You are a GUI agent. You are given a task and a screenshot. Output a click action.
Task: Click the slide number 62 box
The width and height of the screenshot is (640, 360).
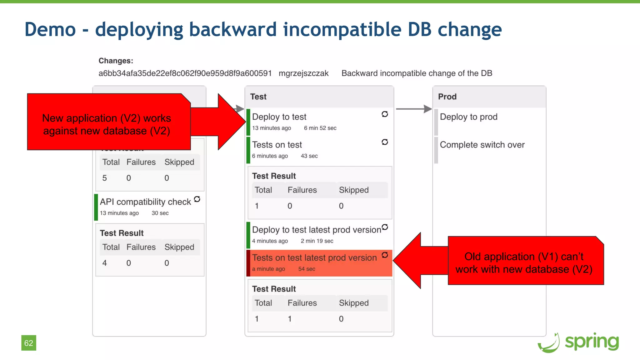28,343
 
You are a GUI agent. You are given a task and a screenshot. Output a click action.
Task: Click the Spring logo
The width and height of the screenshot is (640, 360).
578,342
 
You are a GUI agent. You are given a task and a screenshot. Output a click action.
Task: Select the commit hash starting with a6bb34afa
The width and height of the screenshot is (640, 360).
185,73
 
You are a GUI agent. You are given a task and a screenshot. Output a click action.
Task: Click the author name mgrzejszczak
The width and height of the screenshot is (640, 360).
303,73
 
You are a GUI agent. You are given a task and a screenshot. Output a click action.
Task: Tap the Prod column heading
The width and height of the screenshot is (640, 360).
447,97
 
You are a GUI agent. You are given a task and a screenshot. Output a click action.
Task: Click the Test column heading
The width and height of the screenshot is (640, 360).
258,97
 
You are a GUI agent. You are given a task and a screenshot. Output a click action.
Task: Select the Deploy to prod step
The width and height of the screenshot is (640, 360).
468,117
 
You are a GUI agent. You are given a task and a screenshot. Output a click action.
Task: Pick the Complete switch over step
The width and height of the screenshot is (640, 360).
482,145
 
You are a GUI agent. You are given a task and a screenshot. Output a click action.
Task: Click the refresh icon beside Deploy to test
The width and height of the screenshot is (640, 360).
385,114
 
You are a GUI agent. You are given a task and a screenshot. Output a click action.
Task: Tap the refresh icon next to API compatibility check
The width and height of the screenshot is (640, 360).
197,199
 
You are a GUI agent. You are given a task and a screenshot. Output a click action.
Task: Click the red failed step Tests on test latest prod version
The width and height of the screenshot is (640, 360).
314,258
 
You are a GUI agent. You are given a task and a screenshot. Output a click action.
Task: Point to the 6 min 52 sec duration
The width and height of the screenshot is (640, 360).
320,128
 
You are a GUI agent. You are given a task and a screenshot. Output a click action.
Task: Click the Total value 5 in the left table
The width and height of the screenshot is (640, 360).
105,178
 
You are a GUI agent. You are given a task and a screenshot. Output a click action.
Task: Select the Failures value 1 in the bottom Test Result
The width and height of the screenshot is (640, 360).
290,319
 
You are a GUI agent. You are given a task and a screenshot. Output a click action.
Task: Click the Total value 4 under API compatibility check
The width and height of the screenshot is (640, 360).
105,263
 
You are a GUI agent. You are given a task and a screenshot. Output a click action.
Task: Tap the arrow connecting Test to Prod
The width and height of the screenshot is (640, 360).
413,109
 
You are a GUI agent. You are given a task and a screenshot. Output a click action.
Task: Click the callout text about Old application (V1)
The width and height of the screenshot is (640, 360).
524,263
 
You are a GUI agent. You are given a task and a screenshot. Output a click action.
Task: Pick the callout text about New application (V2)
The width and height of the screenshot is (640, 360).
107,124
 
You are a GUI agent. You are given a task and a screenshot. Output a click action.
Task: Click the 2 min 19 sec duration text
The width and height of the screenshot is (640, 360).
317,241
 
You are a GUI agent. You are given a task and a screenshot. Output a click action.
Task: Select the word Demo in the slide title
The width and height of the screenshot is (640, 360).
50,29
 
